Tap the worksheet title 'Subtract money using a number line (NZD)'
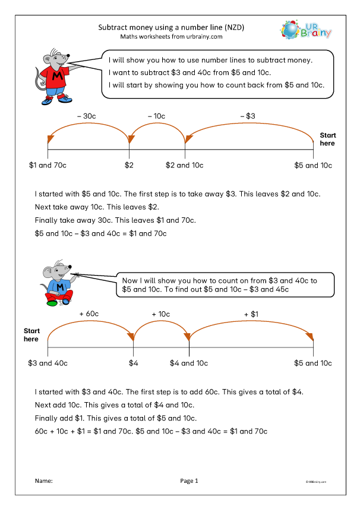(171, 27)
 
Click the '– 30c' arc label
(89, 116)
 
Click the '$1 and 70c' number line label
(48, 165)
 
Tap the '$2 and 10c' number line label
(185, 165)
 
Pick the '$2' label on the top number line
(129, 165)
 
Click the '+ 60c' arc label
(89, 313)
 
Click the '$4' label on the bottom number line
(134, 362)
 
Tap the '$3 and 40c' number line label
(48, 362)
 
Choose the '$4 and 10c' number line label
(189, 362)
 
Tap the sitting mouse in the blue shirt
(59, 283)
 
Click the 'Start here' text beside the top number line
(327, 139)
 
